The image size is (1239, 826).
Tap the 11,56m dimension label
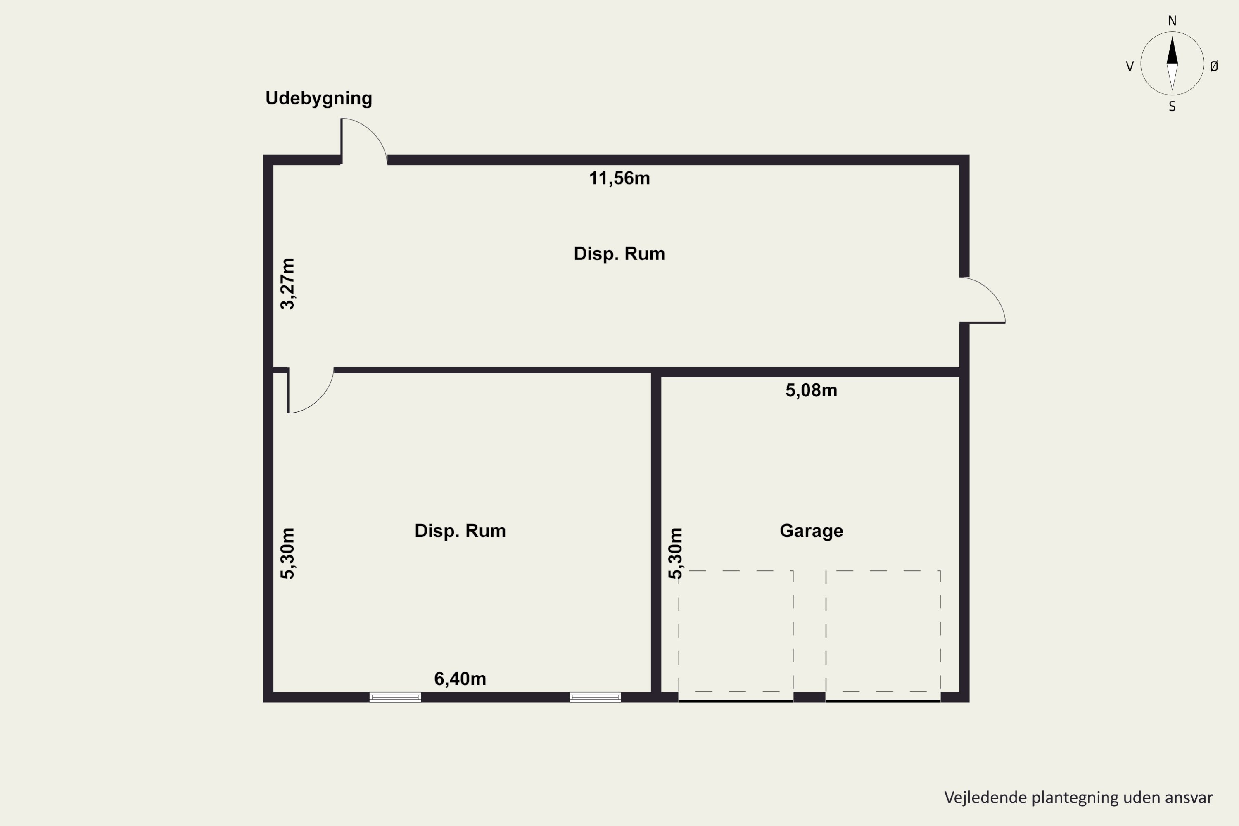coord(619,178)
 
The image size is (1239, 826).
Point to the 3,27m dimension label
coord(287,283)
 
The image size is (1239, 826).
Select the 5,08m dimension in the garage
coord(811,390)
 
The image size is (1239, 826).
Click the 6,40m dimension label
coord(460,679)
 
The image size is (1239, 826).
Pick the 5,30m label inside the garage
coord(675,553)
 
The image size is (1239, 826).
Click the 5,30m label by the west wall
coord(287,553)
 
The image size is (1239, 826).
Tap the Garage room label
coord(811,530)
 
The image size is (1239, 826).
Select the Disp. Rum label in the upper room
coord(619,254)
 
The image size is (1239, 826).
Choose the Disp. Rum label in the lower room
coord(460,530)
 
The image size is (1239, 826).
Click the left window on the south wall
coord(395,698)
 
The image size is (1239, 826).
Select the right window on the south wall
coord(595,698)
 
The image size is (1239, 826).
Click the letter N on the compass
coord(1172,21)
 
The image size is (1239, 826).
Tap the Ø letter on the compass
coord(1214,66)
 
